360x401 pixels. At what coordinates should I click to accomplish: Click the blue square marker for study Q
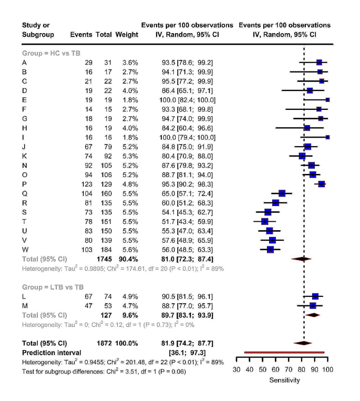tap(282, 193)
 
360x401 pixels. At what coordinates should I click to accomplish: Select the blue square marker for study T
tap(265, 221)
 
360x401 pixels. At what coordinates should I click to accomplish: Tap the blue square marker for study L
tap(315, 296)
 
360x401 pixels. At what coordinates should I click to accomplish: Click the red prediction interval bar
tap(284, 352)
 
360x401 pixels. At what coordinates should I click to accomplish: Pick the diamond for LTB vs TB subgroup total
tap(313, 315)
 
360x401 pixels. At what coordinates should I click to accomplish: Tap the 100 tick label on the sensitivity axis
tap(326, 369)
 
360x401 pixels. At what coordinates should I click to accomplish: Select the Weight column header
tap(128, 35)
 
